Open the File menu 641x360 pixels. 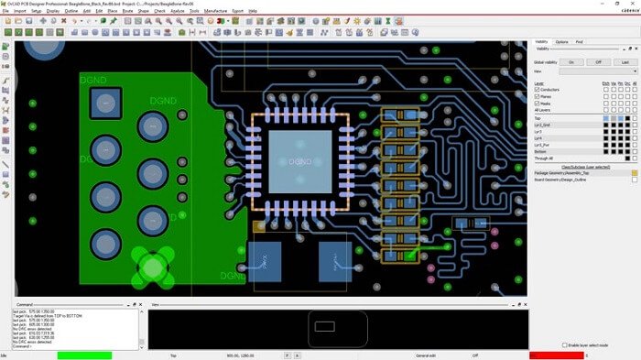5,11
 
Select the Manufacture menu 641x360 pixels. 216,11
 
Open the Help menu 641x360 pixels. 253,11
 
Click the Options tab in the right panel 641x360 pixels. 561,42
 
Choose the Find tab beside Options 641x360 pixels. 580,42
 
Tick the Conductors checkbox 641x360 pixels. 537,89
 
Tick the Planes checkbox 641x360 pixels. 537,95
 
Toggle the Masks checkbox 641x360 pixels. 537,102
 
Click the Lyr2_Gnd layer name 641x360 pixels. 544,125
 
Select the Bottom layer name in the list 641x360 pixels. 541,151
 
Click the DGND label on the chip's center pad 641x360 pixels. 299,161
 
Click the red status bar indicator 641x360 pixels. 556,355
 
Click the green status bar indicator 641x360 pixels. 84,355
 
